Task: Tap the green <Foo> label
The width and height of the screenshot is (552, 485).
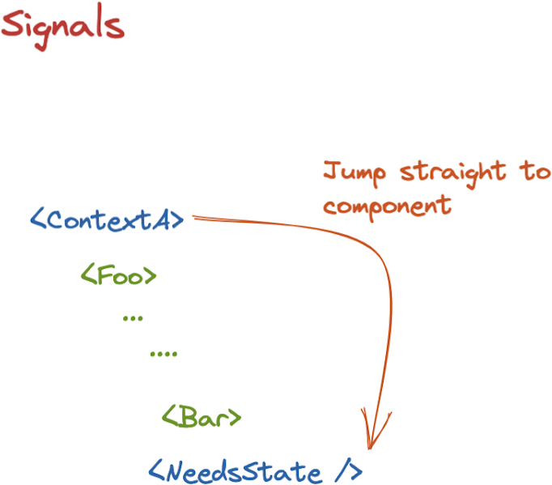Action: (118, 275)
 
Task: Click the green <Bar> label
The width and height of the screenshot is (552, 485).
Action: (202, 418)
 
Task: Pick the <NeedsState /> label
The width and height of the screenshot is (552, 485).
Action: (255, 471)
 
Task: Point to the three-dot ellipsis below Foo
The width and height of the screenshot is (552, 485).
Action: (132, 318)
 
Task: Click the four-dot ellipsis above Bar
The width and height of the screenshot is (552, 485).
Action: (163, 354)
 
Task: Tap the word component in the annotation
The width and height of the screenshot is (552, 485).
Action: (387, 205)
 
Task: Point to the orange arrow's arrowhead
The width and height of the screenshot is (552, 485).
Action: (370, 441)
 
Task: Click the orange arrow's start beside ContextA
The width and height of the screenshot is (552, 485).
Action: (197, 217)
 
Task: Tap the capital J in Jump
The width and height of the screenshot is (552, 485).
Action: (329, 172)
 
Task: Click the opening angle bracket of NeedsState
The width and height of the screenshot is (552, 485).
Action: (156, 471)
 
